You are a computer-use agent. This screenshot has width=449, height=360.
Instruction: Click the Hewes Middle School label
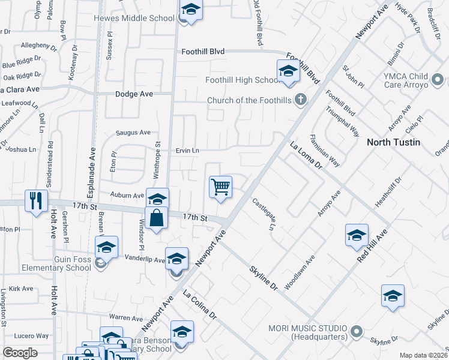[134, 18]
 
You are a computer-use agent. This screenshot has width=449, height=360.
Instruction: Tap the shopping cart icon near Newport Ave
[220, 187]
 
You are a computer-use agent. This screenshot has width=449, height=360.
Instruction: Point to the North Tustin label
[394, 142]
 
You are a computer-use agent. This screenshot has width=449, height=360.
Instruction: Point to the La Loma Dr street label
[306, 155]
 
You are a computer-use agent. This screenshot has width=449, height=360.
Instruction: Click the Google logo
[20, 352]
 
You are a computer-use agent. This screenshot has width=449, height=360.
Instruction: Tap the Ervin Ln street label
[187, 150]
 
